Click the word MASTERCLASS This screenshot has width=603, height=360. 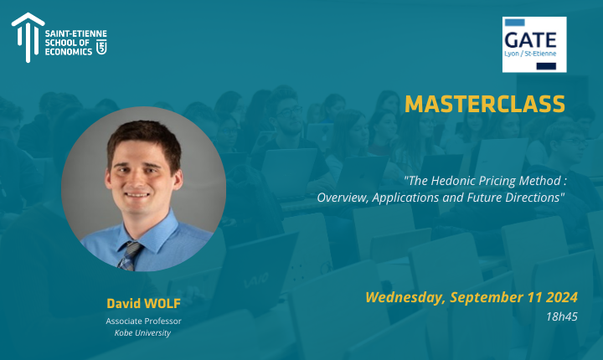[485, 104]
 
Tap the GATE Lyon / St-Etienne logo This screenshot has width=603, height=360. [534, 44]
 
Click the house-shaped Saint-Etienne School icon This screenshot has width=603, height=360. [28, 38]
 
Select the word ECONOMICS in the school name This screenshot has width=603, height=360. [69, 52]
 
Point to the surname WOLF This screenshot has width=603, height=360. [162, 303]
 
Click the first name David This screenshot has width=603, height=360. [124, 303]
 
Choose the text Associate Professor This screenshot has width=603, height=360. [143, 321]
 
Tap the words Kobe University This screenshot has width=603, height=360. [142, 333]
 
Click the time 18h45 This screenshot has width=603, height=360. [562, 316]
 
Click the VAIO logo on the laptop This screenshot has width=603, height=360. [256, 280]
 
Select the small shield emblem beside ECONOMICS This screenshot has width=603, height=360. [101, 47]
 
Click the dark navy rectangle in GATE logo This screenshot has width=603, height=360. [546, 66]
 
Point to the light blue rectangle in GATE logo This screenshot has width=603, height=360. [514, 23]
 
